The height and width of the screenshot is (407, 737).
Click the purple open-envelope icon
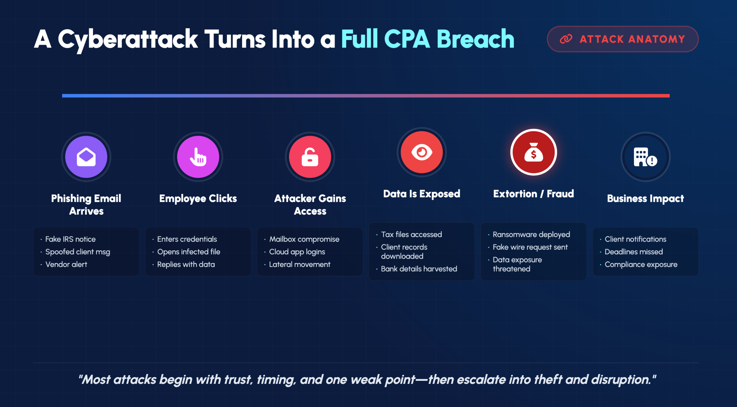point(86,157)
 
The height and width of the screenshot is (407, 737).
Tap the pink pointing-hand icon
point(198,157)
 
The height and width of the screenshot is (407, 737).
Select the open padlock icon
point(310,157)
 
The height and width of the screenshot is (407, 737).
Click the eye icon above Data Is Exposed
point(422,152)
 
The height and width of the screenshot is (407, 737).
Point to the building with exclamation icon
point(645,157)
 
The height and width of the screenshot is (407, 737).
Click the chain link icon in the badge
point(566,39)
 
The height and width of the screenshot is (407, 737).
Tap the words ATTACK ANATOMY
point(632,39)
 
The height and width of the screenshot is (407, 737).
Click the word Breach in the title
point(475,39)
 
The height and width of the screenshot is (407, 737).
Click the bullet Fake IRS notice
point(70,239)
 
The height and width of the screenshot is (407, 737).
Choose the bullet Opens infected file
point(189,252)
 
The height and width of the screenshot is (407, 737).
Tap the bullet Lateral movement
point(300,264)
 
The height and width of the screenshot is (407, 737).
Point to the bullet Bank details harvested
point(419,269)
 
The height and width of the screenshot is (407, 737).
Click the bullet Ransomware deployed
point(531,235)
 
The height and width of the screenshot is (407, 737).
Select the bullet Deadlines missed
point(634,252)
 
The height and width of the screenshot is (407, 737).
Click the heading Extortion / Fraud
point(533,194)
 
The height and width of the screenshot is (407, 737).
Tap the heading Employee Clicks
point(198,199)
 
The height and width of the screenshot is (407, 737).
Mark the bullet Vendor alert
point(66,264)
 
